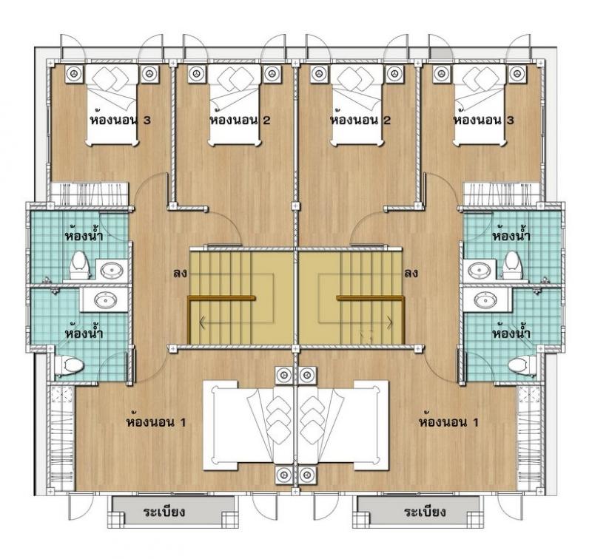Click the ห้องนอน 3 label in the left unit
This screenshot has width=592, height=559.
click(x=120, y=120)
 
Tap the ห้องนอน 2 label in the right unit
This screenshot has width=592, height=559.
click(x=360, y=120)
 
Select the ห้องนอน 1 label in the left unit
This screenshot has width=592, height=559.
click(x=156, y=421)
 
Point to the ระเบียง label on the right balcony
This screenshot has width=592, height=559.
click(x=425, y=512)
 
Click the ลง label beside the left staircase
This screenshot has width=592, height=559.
click(x=180, y=273)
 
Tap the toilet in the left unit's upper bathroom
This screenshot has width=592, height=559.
click(x=79, y=265)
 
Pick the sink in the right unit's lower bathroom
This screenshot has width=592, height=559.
click(x=483, y=301)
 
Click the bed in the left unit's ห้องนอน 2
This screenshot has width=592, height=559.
click(x=235, y=105)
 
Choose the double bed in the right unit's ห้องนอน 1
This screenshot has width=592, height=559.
click(x=343, y=425)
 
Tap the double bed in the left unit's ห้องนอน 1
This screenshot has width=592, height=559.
click(x=249, y=425)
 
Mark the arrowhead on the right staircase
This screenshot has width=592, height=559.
click(x=389, y=322)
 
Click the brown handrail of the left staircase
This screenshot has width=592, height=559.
click(x=221, y=298)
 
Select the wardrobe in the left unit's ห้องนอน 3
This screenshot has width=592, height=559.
click(x=89, y=192)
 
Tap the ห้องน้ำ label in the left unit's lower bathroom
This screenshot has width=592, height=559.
click(x=84, y=333)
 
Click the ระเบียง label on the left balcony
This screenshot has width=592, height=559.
click(x=164, y=512)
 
